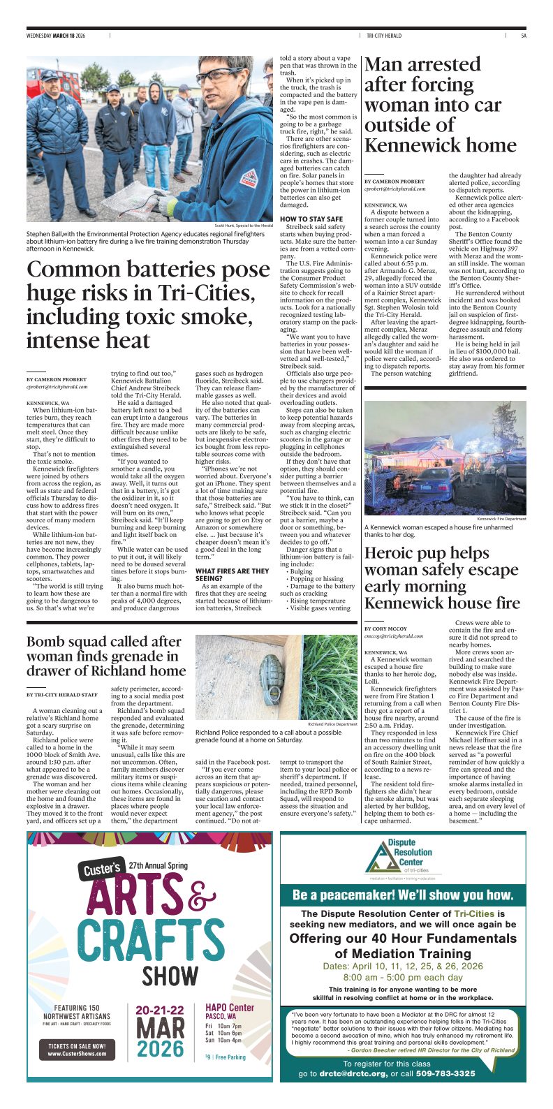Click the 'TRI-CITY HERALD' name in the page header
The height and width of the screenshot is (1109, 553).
click(384, 36)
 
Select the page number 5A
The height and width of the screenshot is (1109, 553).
click(523, 36)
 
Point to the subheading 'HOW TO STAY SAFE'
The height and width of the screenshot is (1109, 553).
click(311, 219)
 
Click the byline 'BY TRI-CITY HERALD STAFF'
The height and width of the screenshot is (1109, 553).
click(62, 694)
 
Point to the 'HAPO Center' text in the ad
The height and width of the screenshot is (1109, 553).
click(230, 1008)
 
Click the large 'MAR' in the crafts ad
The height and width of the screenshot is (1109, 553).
click(160, 1028)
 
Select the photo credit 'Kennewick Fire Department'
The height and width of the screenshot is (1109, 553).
click(501, 519)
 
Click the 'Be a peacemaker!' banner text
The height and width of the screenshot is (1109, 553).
click(403, 895)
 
